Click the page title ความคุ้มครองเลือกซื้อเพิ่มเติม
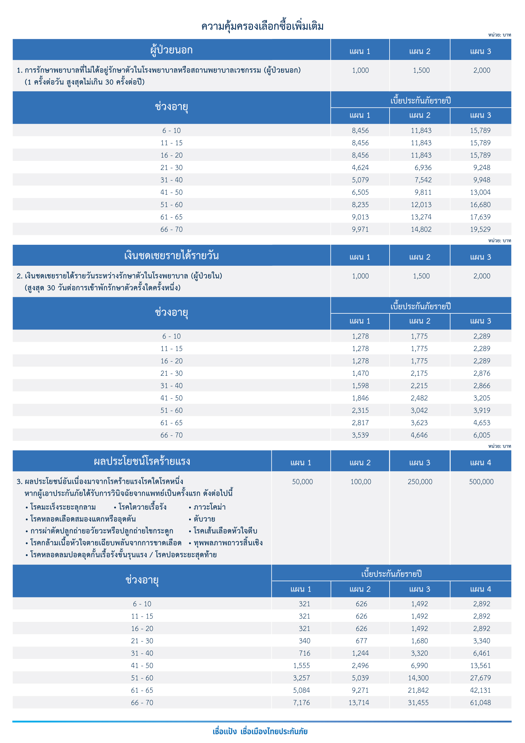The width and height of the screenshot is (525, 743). click(x=262, y=26)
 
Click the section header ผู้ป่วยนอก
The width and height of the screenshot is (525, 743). click(x=171, y=50)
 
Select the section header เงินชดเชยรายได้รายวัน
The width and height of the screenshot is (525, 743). click(x=171, y=256)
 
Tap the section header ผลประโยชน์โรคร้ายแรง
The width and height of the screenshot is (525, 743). click(x=142, y=461)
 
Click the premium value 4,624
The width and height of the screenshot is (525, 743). click(x=360, y=168)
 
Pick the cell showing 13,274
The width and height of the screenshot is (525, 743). click(x=421, y=217)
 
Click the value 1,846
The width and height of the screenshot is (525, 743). click(x=360, y=398)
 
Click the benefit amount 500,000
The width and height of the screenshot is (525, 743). click(x=481, y=481)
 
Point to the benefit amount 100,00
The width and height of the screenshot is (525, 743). click(x=360, y=481)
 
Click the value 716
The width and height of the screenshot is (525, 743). click(x=304, y=653)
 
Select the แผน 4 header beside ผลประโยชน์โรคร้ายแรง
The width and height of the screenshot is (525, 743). click(x=480, y=463)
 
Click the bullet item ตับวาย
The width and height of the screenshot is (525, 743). click(x=204, y=519)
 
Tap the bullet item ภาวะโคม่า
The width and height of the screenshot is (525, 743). click(x=209, y=507)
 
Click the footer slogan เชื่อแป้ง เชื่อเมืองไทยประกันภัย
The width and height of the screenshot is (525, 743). click(x=260, y=731)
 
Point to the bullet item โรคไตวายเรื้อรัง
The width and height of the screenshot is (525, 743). click(x=142, y=507)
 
